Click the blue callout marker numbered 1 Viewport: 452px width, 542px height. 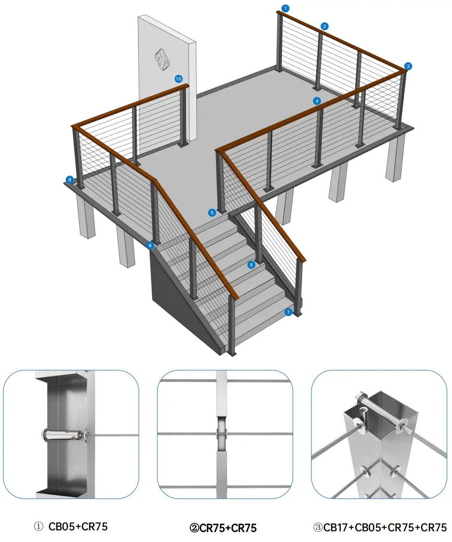(x=286, y=8)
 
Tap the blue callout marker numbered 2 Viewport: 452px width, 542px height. (x=325, y=26)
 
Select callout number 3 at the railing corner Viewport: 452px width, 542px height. (x=408, y=66)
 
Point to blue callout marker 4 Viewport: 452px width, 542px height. (x=317, y=101)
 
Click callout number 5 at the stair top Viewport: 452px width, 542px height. (x=212, y=212)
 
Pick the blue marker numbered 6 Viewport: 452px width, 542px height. (x=251, y=265)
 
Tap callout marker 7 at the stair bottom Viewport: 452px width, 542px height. (x=288, y=311)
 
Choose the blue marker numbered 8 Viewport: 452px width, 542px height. (x=150, y=245)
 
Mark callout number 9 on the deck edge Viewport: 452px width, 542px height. (x=70, y=179)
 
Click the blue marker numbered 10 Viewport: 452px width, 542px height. (x=179, y=79)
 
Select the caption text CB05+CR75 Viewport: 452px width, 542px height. (x=78, y=527)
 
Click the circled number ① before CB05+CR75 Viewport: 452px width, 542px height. (x=39, y=527)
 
